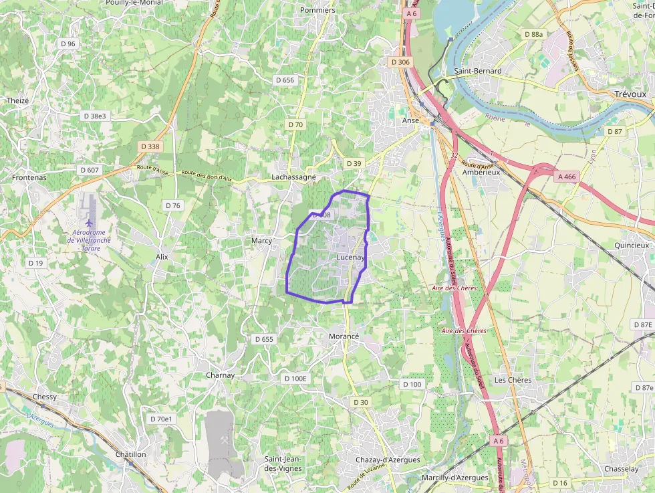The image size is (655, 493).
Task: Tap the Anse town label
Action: click(x=410, y=120)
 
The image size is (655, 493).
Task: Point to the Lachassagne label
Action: click(x=293, y=177)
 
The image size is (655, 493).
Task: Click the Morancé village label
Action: click(x=345, y=336)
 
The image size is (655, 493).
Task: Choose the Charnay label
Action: click(x=220, y=375)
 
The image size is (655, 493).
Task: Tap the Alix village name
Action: click(x=162, y=257)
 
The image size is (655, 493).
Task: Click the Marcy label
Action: click(x=261, y=240)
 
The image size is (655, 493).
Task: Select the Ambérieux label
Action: click(x=481, y=172)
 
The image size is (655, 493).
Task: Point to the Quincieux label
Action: click(x=632, y=245)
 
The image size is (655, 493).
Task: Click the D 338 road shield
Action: click(x=150, y=146)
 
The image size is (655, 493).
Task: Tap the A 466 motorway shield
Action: click(x=565, y=177)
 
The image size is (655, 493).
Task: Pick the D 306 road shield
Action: click(x=400, y=62)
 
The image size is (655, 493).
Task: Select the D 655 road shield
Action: click(x=264, y=339)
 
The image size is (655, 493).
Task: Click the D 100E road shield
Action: click(x=295, y=379)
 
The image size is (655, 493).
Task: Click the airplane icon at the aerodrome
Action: click(x=89, y=222)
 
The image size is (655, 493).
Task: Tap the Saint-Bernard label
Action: click(x=477, y=71)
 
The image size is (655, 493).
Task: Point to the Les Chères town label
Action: click(x=513, y=380)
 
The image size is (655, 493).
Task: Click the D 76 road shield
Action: click(x=172, y=205)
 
